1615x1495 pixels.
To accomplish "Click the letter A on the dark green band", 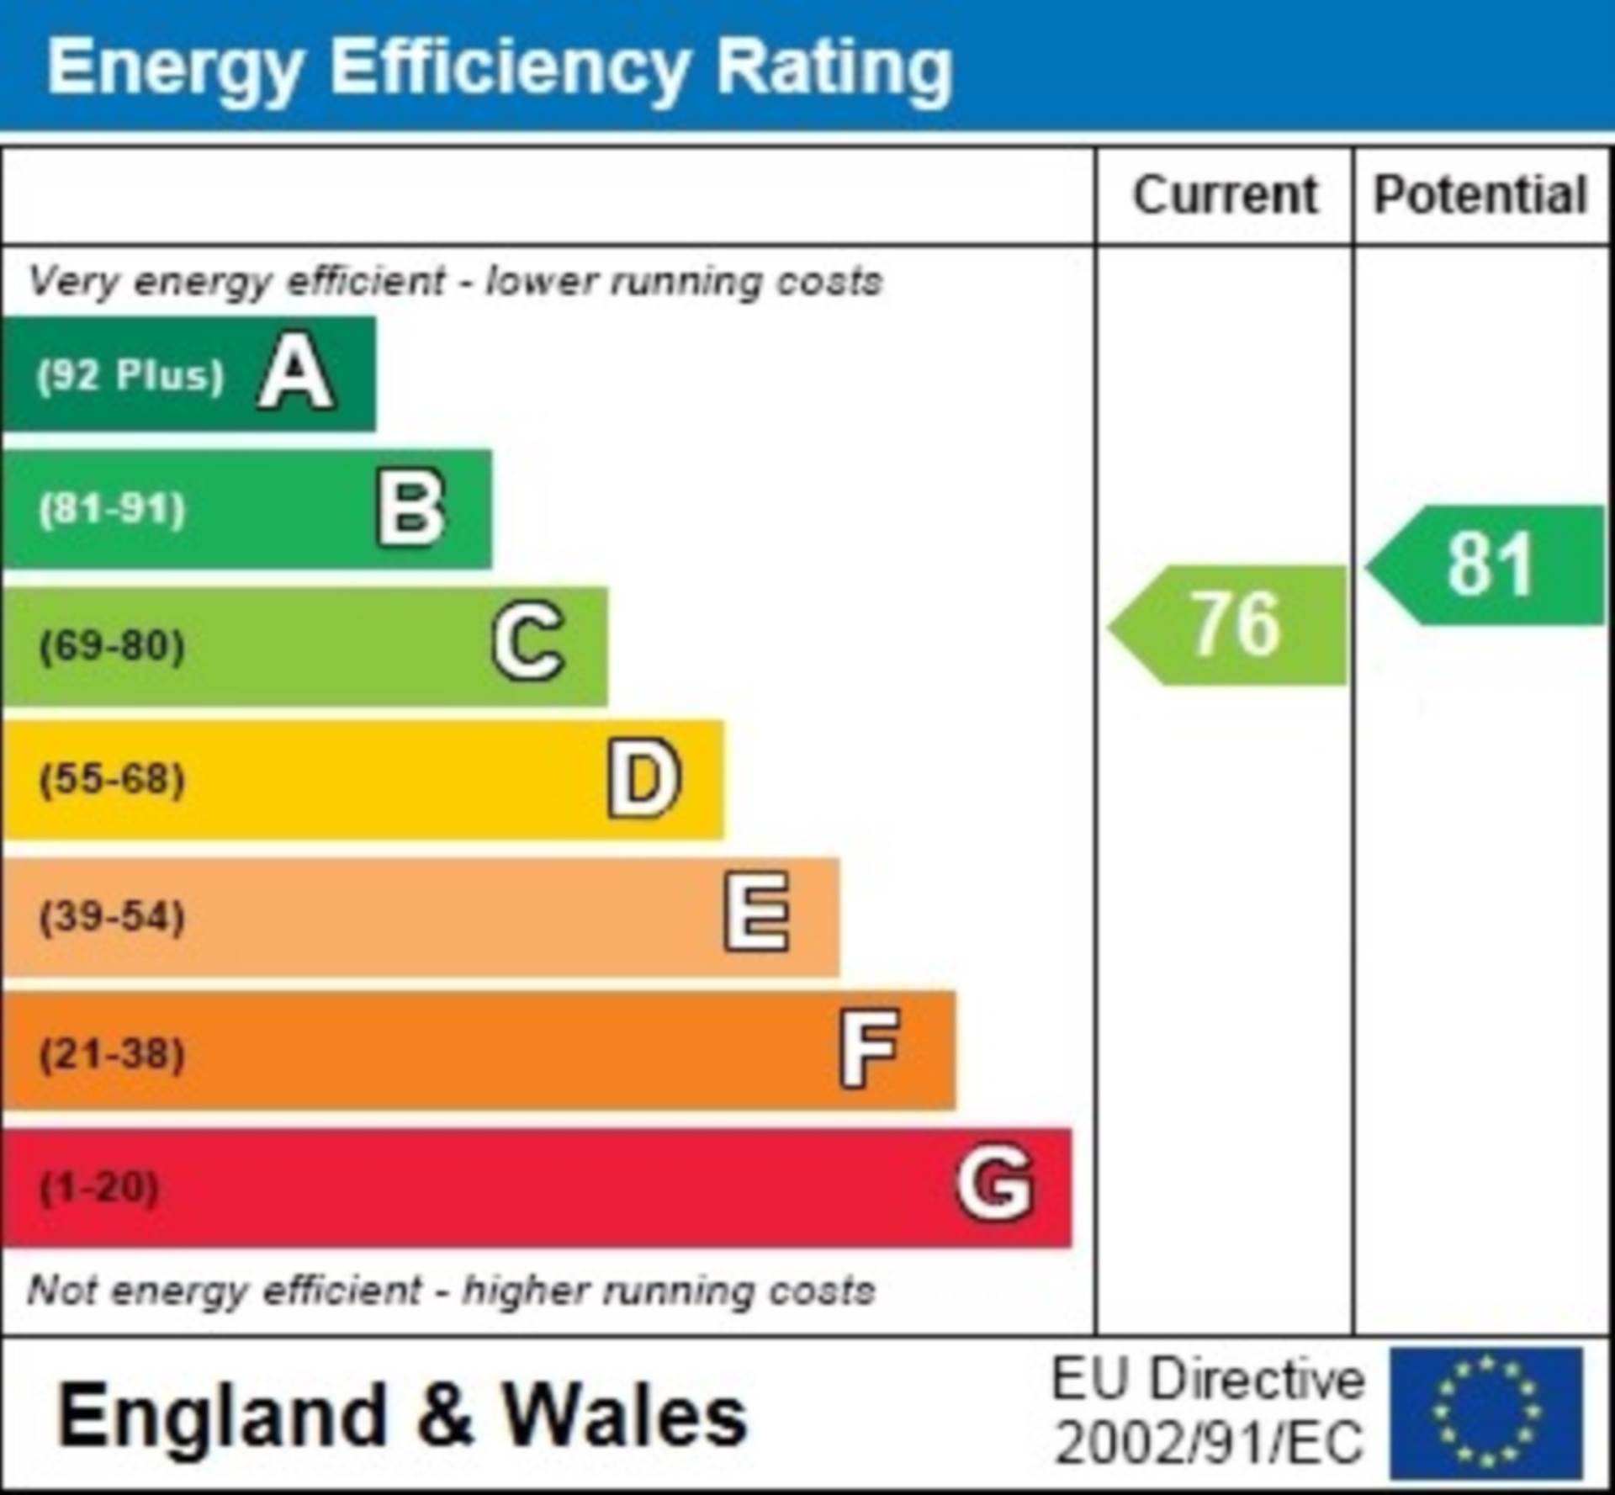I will pos(295,373).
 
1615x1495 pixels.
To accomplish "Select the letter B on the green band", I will pos(410,507).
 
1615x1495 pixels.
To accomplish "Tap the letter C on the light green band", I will pos(527,643).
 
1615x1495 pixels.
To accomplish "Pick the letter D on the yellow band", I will pos(643,778).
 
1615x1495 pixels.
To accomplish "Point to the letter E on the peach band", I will pos(757,914).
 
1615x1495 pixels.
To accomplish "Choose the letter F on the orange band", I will pos(870,1048).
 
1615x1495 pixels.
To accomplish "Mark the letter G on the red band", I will pos(994,1184).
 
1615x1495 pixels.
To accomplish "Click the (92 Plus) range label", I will pos(130,375).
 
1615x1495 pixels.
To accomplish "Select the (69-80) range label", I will pos(112,646).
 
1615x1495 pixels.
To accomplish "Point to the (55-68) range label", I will pos(112,779).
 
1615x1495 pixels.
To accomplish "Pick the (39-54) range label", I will pos(112,916).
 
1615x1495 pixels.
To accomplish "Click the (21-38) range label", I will pos(112,1053).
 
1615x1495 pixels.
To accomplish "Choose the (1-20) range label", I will pos(99,1187).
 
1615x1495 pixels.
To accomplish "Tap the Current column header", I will pos(1225,196).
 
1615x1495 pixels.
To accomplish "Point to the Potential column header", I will pos(1480,196).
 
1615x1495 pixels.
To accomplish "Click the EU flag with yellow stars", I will pos(1486,1413).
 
